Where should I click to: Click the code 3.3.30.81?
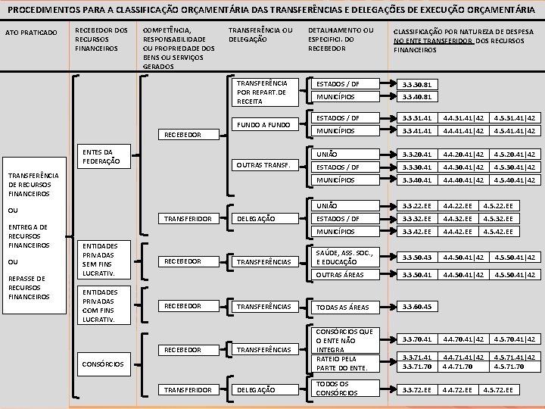pos(417,84)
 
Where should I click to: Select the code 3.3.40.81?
pos(417,97)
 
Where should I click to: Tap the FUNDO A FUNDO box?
pos(263,123)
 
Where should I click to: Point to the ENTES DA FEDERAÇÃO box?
pos(99,157)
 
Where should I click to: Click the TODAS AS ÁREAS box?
pos(342,308)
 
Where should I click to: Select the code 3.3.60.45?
pos(417,307)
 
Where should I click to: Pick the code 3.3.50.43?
pos(417,258)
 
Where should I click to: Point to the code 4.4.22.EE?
pos(458,206)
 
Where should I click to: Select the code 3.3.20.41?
pos(417,155)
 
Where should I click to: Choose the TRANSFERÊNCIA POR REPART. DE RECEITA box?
pos(262,91)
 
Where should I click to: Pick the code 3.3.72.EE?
pos(417,389)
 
